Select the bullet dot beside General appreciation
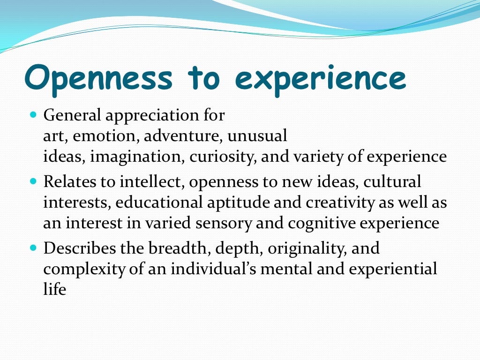point(33,115)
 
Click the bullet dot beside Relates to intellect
point(33,181)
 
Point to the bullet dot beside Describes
point(33,247)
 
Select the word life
point(54,289)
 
